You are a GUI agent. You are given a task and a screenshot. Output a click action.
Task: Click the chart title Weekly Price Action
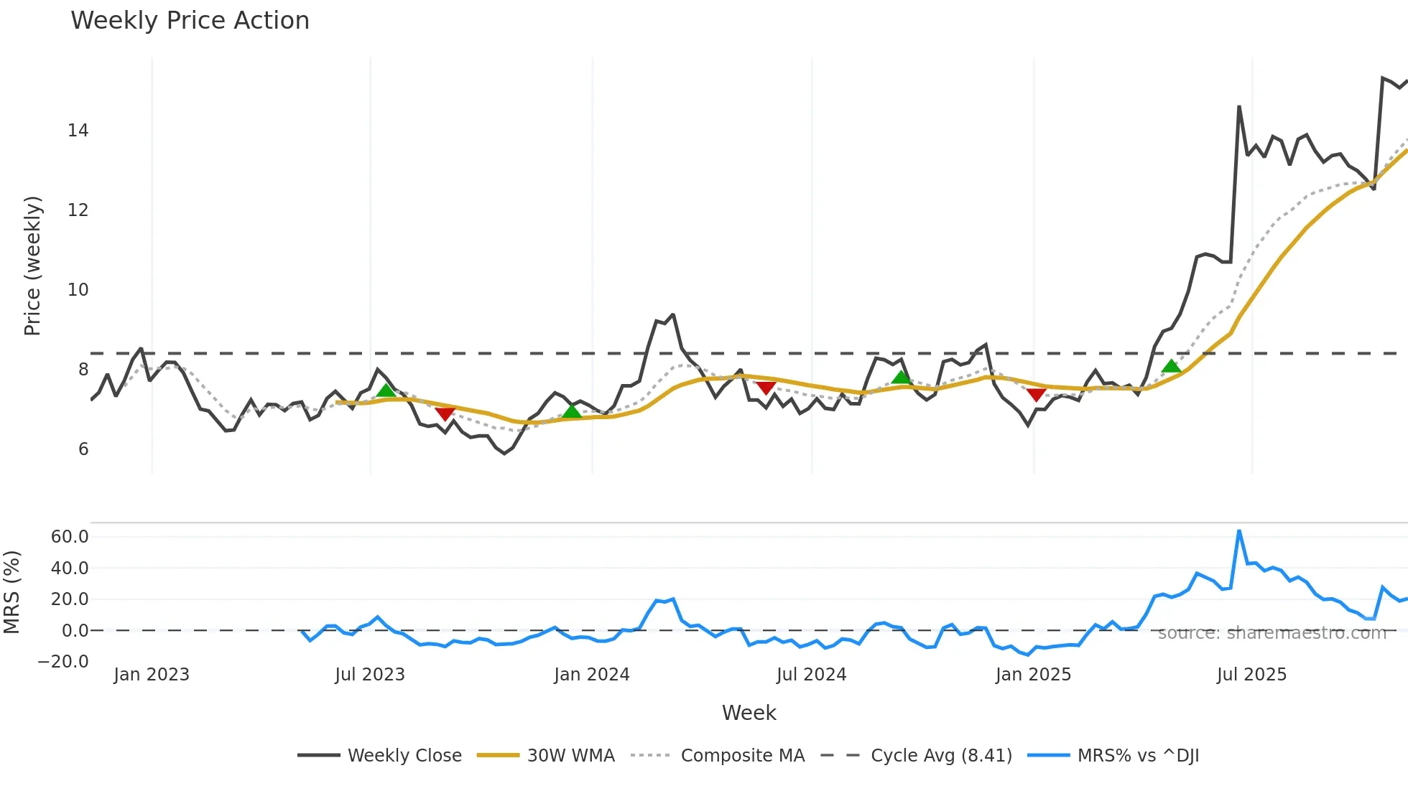(190, 21)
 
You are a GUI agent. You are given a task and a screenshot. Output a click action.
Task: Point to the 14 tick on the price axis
(78, 131)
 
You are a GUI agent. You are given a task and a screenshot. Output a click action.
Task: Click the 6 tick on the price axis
(83, 449)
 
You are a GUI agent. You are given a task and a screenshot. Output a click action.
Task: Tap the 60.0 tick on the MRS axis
(70, 537)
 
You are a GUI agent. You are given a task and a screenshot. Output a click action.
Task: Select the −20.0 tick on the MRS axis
(63, 662)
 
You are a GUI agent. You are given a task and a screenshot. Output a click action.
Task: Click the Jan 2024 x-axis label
(592, 675)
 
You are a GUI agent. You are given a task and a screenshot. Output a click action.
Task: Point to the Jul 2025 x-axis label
(1251, 675)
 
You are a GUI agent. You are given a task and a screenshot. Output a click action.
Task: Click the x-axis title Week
(749, 713)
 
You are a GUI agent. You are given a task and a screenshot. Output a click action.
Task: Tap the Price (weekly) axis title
(33, 266)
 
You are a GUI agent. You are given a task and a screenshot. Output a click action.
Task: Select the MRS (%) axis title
(11, 592)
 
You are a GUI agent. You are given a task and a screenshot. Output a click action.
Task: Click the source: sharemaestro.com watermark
(1272, 633)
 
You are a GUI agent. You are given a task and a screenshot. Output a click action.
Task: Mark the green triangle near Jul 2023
(386, 390)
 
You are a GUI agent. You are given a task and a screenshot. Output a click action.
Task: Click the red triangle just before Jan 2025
(1036, 395)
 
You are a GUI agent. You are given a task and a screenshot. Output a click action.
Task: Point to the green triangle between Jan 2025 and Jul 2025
(1171, 366)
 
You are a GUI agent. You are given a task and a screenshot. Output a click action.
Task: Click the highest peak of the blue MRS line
(1239, 531)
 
